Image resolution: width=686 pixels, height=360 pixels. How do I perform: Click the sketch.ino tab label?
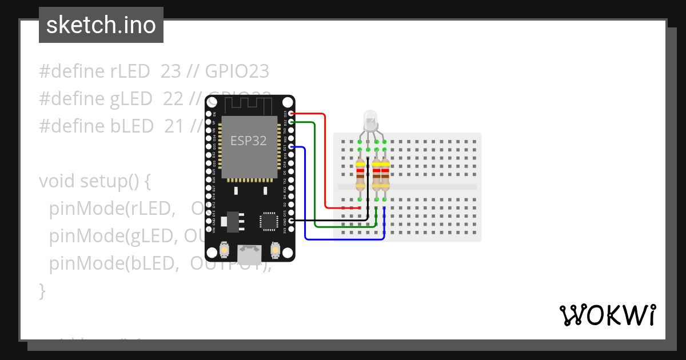pyautogui.click(x=101, y=25)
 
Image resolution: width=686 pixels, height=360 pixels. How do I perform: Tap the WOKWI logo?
pyautogui.click(x=608, y=315)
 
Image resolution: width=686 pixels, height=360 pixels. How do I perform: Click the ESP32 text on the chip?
pyautogui.click(x=249, y=141)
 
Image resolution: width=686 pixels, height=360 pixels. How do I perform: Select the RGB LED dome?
pyautogui.click(x=370, y=119)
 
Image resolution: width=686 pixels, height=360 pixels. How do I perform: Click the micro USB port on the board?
pyautogui.click(x=250, y=251)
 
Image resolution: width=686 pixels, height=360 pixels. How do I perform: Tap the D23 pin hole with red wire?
pyautogui.click(x=291, y=114)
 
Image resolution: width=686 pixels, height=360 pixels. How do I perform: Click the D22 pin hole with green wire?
pyautogui.click(x=291, y=122)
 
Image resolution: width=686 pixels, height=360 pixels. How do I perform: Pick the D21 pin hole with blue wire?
pyautogui.click(x=291, y=147)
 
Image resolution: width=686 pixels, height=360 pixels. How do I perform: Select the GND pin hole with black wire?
pyautogui.click(x=291, y=221)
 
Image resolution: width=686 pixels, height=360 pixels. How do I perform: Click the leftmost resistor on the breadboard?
pyautogui.click(x=360, y=174)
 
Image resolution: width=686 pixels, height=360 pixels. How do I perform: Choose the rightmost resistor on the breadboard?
pyautogui.click(x=384, y=174)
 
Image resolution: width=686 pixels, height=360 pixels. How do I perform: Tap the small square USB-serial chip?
pyautogui.click(x=268, y=221)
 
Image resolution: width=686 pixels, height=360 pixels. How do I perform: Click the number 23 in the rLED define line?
pyautogui.click(x=170, y=71)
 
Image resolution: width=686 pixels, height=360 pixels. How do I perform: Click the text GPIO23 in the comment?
pyautogui.click(x=237, y=71)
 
